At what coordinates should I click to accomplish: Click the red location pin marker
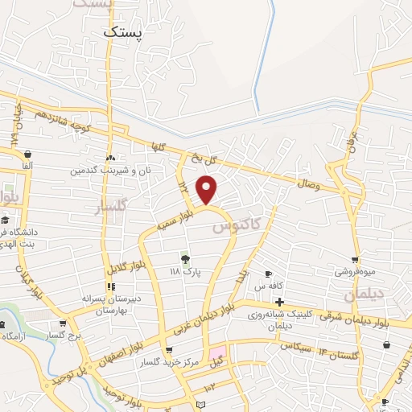click(x=208, y=189)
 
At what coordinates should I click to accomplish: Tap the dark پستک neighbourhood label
click(x=123, y=32)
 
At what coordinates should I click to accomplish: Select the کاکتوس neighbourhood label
click(x=239, y=228)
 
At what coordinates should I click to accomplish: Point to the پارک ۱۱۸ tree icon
click(x=186, y=258)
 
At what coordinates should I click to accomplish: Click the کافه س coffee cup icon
click(x=269, y=274)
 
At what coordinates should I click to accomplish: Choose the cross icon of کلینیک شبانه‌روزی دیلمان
click(x=279, y=301)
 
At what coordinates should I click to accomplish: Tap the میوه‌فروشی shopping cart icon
click(x=355, y=260)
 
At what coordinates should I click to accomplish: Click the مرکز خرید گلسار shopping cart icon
click(x=168, y=350)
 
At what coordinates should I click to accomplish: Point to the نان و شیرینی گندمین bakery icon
click(x=110, y=158)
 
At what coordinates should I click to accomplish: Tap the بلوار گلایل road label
click(x=126, y=257)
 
